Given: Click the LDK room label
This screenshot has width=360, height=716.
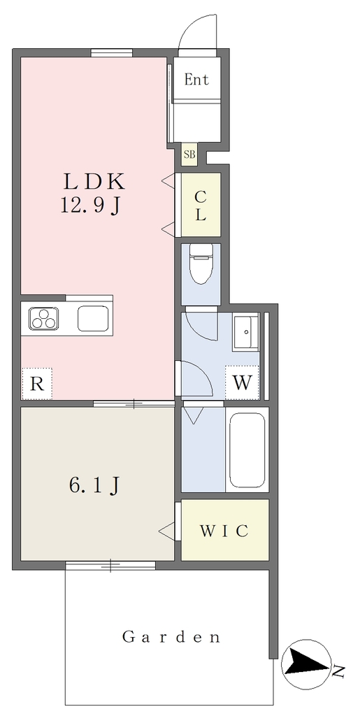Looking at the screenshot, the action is (x=94, y=182).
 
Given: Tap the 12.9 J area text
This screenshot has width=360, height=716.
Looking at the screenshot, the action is (x=90, y=207).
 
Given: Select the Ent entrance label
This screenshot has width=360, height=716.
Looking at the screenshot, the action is (x=196, y=80).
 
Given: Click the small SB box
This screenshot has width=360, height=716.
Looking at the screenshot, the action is (x=189, y=155).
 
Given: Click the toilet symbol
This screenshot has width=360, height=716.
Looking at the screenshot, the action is (x=201, y=264).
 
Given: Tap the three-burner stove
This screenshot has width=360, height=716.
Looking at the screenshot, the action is (x=44, y=318).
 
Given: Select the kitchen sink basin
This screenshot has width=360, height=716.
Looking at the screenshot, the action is (x=93, y=318).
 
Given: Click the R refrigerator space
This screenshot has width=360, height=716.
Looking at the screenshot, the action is (x=37, y=384).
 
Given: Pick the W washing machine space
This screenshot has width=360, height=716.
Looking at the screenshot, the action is (x=242, y=382).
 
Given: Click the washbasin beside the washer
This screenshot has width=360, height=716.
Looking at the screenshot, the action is (x=246, y=331).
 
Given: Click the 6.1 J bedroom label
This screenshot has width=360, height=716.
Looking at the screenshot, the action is (x=94, y=487).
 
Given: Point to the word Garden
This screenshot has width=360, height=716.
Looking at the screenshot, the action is (x=171, y=636).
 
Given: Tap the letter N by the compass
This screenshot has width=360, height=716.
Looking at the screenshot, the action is (x=338, y=671).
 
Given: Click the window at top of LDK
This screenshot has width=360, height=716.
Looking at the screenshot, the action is (x=111, y=52).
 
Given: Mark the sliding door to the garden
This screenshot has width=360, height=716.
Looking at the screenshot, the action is (x=110, y=565).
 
